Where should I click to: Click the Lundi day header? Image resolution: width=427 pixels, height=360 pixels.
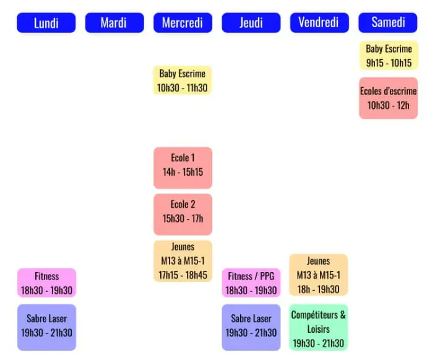click(46, 23)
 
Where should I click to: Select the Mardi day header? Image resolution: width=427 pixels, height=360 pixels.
click(114, 23)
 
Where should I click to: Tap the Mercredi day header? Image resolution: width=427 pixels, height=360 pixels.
click(183, 23)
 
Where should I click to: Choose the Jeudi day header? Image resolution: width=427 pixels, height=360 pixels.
click(251, 23)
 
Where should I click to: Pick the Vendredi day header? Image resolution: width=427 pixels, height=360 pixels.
click(319, 23)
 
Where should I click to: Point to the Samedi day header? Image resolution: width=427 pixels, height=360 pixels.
click(388, 23)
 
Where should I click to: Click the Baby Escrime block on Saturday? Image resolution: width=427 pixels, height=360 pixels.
click(388, 56)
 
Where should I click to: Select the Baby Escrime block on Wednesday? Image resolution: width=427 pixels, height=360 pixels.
click(183, 80)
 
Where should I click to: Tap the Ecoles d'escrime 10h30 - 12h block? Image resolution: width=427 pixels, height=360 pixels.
click(388, 98)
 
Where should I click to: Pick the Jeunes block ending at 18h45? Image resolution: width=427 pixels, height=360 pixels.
click(183, 261)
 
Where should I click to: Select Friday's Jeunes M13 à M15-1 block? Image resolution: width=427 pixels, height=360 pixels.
click(319, 275)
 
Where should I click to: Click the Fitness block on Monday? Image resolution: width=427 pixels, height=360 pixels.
click(46, 283)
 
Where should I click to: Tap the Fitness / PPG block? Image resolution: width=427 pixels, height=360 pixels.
click(251, 283)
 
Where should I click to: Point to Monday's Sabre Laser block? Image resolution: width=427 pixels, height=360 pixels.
click(46, 327)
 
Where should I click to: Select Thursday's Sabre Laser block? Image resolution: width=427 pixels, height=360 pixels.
click(251, 327)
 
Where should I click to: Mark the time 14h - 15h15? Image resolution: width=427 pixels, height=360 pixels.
click(183, 173)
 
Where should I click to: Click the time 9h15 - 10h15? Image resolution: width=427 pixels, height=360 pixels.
click(388, 62)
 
